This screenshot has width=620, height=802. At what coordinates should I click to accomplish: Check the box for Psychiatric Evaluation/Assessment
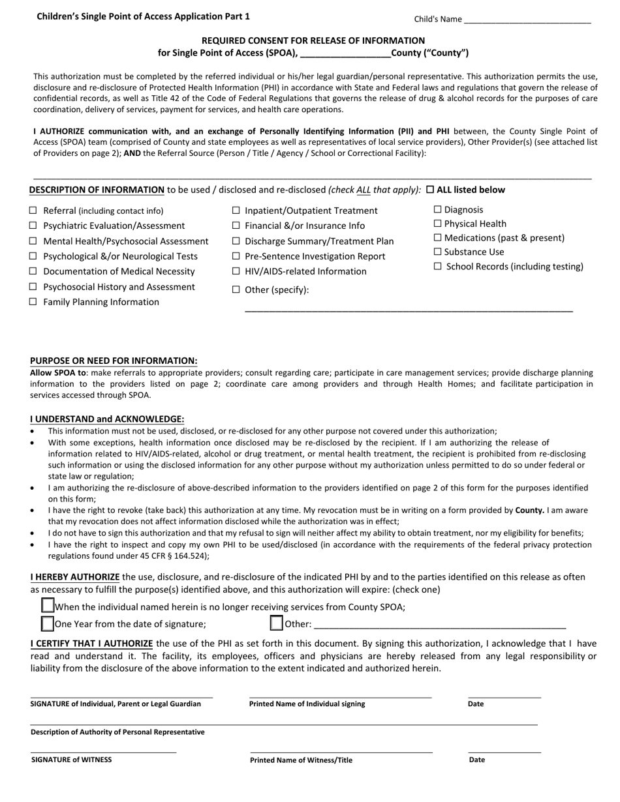coord(33,226)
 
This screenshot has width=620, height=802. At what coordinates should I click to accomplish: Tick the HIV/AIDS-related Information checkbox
coord(236,271)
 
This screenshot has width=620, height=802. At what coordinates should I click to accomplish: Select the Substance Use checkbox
coord(438,252)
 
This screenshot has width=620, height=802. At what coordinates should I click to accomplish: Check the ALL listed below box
coord(430,190)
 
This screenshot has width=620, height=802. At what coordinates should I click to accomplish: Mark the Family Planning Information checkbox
coord(33,302)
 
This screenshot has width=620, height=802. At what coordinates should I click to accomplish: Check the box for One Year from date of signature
coord(48,624)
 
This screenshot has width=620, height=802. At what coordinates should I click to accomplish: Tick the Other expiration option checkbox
coord(277,624)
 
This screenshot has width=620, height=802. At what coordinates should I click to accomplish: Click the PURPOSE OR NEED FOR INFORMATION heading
coord(114,361)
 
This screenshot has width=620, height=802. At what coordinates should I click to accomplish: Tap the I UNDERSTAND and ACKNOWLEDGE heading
coord(107,419)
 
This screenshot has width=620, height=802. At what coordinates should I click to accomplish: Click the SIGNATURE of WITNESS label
coord(71,760)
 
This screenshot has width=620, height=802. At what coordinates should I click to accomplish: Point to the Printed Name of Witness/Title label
coord(301,760)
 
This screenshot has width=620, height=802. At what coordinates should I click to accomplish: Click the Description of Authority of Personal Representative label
coord(117,732)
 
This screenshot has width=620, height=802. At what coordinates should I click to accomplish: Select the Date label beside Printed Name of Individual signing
coord(476,704)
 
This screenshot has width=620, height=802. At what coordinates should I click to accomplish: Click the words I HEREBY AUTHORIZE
coord(75,577)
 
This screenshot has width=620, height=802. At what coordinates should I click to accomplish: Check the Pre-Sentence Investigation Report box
coord(236,256)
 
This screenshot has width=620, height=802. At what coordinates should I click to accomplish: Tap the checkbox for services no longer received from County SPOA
coord(48,606)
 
